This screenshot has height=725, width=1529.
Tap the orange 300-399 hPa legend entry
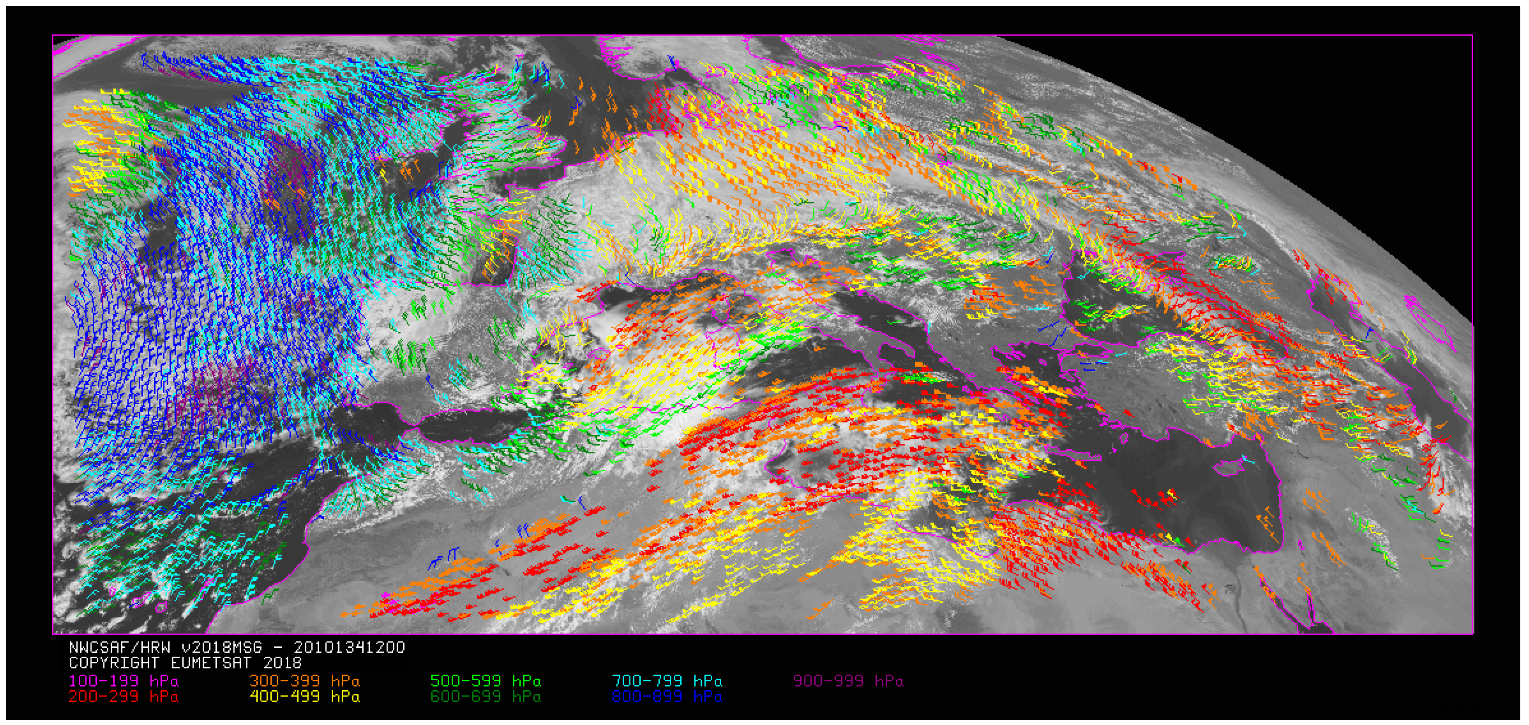(x=304, y=680)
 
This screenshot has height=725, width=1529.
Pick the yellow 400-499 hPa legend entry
(x=304, y=696)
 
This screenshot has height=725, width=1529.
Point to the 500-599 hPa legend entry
(x=486, y=680)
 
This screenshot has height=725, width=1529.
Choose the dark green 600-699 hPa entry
(x=486, y=696)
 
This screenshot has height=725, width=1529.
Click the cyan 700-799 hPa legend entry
(x=667, y=680)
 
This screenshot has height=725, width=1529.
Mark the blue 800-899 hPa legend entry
(x=667, y=696)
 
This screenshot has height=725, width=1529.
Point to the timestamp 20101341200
(x=349, y=647)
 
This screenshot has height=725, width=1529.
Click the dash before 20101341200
(x=278, y=647)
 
